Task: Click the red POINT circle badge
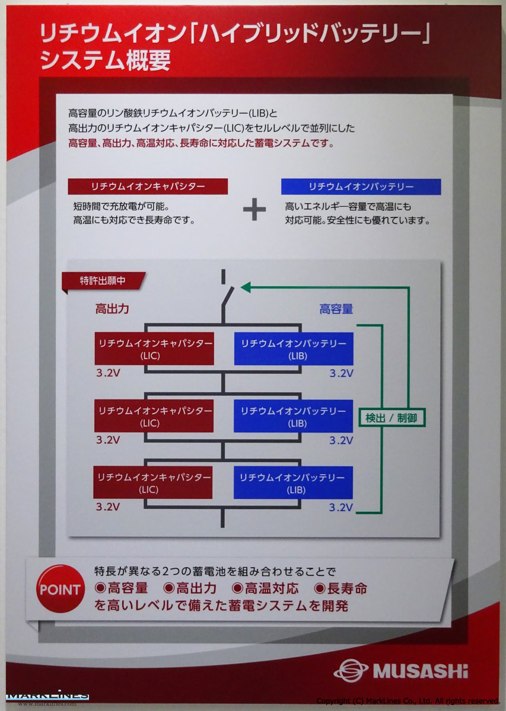click(x=59, y=590)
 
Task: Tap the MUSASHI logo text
click(x=420, y=671)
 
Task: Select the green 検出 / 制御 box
click(x=392, y=418)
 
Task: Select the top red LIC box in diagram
click(x=154, y=349)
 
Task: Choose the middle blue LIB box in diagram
click(x=293, y=417)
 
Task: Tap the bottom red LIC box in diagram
click(x=153, y=483)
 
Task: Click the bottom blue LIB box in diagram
click(x=293, y=483)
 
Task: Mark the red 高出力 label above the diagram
click(x=112, y=309)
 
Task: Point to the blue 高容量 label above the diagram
click(x=336, y=309)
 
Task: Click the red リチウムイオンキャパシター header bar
click(x=148, y=187)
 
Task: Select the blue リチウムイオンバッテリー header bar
click(x=361, y=187)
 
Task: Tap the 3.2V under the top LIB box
click(x=341, y=373)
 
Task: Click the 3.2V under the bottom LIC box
click(x=108, y=507)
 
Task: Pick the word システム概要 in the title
click(x=105, y=60)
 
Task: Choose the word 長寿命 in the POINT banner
click(x=347, y=588)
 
